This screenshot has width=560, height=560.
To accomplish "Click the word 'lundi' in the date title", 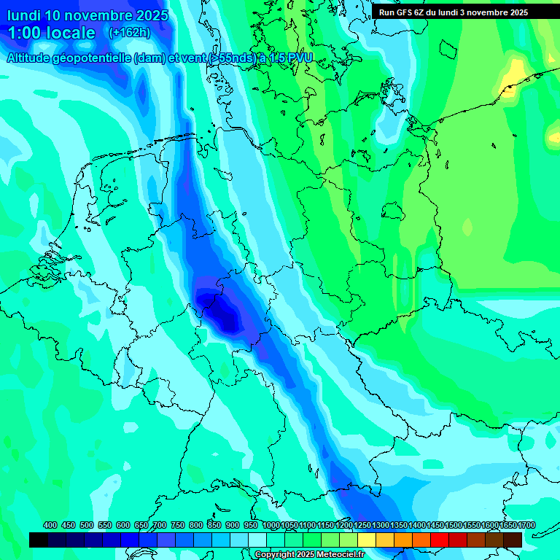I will (x=25, y=15).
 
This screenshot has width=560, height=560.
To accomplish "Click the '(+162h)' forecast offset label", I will (x=130, y=33).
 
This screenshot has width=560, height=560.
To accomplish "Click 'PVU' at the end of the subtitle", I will (x=300, y=58).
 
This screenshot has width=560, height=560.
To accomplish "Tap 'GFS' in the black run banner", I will (x=409, y=12).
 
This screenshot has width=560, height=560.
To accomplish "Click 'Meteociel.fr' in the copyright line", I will (x=337, y=555).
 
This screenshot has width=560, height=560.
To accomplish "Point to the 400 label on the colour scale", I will (x=50, y=525).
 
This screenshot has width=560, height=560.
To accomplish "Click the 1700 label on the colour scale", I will (x=507, y=525).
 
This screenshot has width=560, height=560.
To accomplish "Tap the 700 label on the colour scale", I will (x=160, y=525).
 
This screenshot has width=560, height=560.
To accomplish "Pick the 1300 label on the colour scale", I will (x=380, y=525).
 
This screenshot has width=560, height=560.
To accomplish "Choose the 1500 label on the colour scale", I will (x=453, y=525).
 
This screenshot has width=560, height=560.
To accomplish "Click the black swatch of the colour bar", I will (x=39, y=540).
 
